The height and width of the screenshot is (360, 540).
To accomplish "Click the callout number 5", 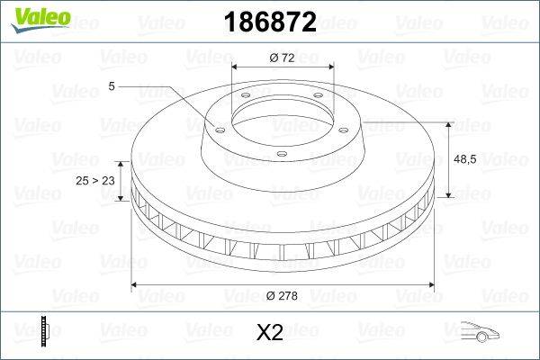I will point(111,86).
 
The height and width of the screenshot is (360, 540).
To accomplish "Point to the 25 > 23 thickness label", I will point(96,181).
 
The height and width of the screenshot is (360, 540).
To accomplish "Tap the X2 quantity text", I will point(270,333).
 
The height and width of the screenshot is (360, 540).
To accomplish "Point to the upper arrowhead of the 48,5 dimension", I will point(449,121).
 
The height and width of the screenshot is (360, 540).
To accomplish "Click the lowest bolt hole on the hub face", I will point(281,156).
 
